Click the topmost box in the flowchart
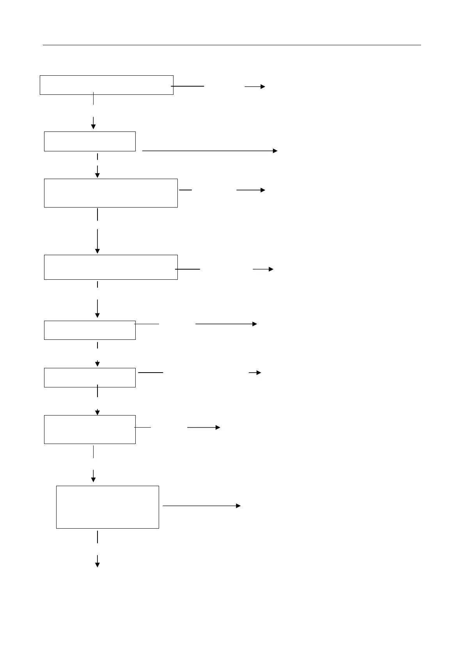point(106,85)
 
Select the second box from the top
point(90,141)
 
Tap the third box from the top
point(111,193)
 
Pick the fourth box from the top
point(111,267)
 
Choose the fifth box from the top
point(90,330)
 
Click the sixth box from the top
point(90,377)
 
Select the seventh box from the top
point(90,429)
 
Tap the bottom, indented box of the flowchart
point(108,507)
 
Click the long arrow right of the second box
point(210,151)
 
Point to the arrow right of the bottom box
point(201,506)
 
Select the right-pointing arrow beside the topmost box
point(255,87)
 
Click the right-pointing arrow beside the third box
point(250,190)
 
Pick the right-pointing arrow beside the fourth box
point(263,269)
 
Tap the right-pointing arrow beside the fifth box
point(226,324)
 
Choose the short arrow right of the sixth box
point(255,373)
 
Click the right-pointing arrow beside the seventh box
point(204,428)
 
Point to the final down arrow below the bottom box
point(97,561)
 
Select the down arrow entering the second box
point(94,123)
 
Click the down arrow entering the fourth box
point(97,241)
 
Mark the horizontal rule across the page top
point(232,45)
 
